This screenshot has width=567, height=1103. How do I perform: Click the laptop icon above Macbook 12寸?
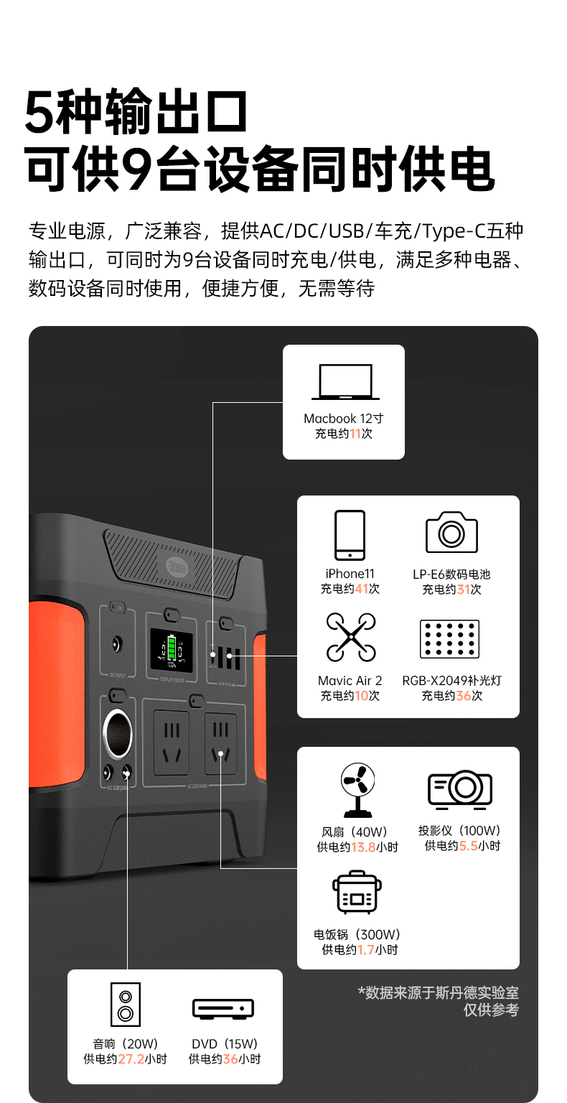click(345, 381)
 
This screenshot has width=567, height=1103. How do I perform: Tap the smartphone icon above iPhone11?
click(350, 535)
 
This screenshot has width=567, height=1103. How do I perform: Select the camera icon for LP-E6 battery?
click(451, 532)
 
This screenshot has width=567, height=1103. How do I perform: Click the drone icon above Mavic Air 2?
click(350, 637)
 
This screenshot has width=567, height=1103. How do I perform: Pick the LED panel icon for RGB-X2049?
click(449, 639)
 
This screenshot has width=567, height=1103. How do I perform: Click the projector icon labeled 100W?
click(460, 788)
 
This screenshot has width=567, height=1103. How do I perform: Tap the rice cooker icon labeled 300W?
click(357, 893)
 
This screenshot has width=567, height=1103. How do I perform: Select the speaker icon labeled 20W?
click(126, 1005)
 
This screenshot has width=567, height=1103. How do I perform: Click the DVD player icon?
click(223, 1008)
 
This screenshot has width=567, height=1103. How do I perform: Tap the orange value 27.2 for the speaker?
click(131, 1059)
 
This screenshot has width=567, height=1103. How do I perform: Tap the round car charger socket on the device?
click(118, 733)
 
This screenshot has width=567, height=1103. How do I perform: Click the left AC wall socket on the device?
click(172, 743)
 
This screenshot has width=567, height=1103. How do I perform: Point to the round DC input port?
click(114, 644)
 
